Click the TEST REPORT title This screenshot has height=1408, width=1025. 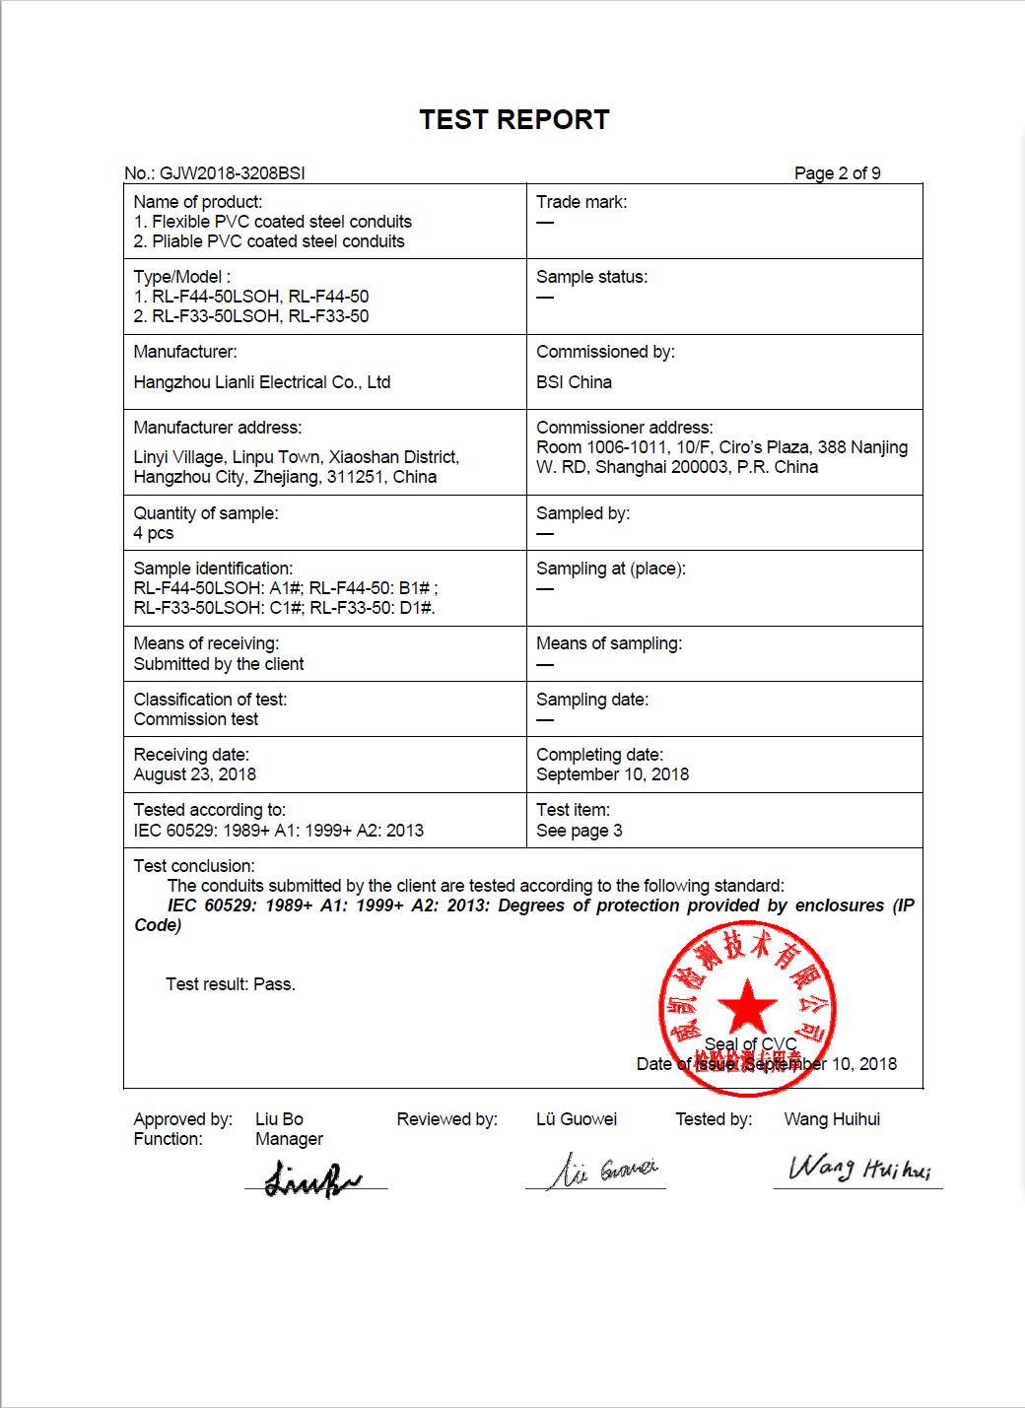pyautogui.click(x=513, y=119)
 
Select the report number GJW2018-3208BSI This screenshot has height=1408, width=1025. pyautogui.click(x=232, y=173)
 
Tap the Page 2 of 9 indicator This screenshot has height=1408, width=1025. pyautogui.click(x=837, y=173)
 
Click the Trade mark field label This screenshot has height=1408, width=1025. pyautogui.click(x=581, y=202)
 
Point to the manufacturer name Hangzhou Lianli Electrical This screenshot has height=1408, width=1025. pyautogui.click(x=261, y=382)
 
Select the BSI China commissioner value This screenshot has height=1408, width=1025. pyautogui.click(x=574, y=382)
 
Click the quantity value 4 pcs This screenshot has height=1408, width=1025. pyautogui.click(x=154, y=533)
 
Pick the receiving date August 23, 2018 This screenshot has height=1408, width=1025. pyautogui.click(x=194, y=774)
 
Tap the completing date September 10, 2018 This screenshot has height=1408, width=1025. pyautogui.click(x=612, y=774)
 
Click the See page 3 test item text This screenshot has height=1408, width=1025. pyautogui.click(x=579, y=831)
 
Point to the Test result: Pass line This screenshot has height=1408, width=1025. pyautogui.click(x=231, y=984)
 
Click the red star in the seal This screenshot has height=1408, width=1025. pyautogui.click(x=747, y=1006)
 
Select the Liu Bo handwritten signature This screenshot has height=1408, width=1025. pyautogui.click(x=312, y=1178)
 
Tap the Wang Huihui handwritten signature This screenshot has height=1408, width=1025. pyautogui.click(x=858, y=1170)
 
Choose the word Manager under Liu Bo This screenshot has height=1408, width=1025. pyautogui.click(x=289, y=1139)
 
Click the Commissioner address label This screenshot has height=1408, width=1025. pyautogui.click(x=624, y=428)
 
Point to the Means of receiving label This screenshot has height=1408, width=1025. pyautogui.click(x=206, y=643)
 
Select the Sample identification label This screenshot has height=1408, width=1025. pyautogui.click(x=213, y=569)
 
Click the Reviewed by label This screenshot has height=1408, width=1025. pyautogui.click(x=446, y=1119)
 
